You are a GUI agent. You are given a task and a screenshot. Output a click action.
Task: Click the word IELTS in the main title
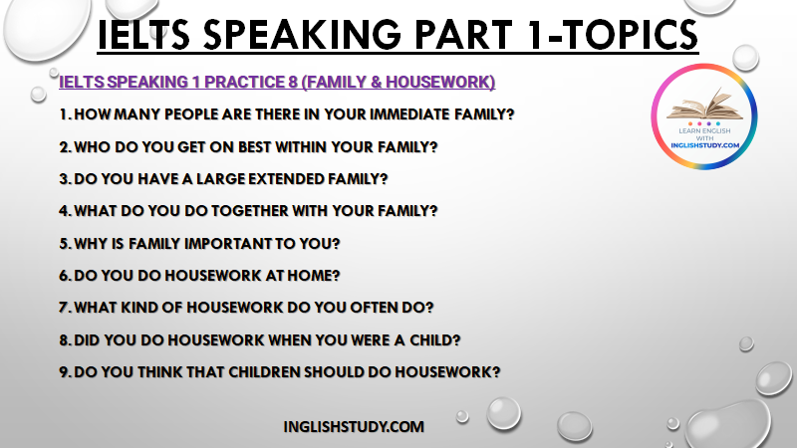(143, 35)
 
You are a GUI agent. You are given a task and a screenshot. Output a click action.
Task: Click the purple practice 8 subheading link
(277, 82)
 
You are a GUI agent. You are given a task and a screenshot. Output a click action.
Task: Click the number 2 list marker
(65, 146)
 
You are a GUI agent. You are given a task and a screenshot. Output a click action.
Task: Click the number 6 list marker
(65, 276)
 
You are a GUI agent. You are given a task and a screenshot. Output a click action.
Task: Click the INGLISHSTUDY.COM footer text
(354, 427)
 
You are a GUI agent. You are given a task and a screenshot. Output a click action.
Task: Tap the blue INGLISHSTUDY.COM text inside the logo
(704, 145)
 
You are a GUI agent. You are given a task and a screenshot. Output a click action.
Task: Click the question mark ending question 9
(496, 371)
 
